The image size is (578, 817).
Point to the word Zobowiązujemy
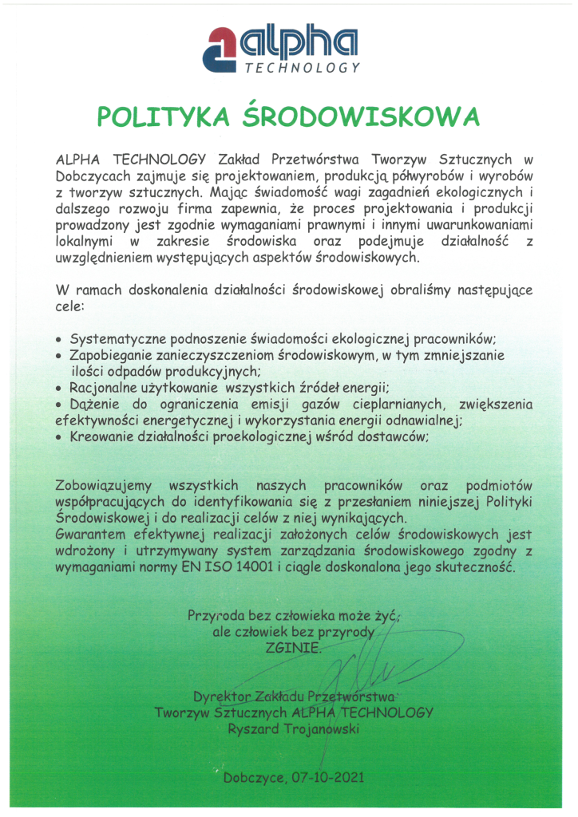103,486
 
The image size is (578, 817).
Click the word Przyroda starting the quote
216,615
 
